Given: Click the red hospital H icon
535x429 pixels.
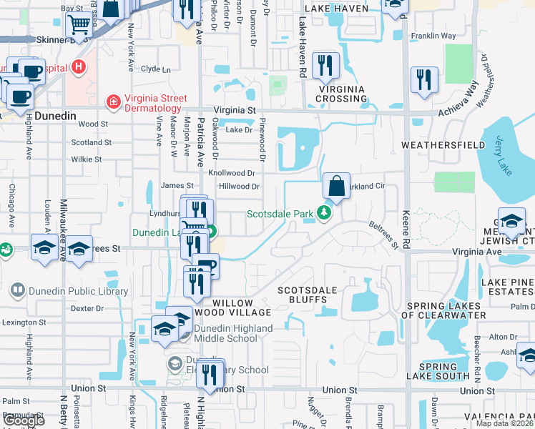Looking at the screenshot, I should pyautogui.click(x=79, y=68).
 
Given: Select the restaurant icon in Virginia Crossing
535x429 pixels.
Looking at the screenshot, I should pyautogui.click(x=328, y=66).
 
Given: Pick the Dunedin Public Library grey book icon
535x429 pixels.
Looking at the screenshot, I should pyautogui.click(x=18, y=291).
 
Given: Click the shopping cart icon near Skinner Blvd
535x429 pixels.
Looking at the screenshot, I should pyautogui.click(x=80, y=26).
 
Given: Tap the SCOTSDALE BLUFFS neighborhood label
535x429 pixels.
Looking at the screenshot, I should pyautogui.click(x=307, y=295).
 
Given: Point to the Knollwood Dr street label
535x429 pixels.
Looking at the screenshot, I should pyautogui.click(x=231, y=173).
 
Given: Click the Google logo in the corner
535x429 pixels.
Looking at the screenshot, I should pyautogui.click(x=24, y=420).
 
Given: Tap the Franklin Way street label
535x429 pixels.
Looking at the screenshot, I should pyautogui.click(x=433, y=36).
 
